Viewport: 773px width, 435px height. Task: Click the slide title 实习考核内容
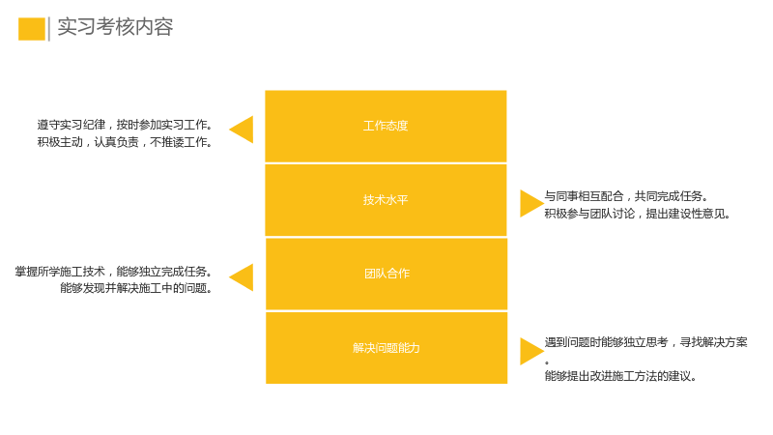(x=115, y=27)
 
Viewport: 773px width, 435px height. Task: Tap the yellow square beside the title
(x=32, y=29)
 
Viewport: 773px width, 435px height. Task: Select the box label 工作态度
(x=386, y=126)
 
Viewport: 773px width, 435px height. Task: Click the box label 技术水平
(x=386, y=200)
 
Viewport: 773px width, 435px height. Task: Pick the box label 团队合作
(x=387, y=274)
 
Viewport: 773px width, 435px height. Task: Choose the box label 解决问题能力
(x=386, y=348)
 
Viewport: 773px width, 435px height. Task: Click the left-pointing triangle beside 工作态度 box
(x=242, y=130)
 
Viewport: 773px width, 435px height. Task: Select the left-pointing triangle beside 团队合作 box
(x=242, y=277)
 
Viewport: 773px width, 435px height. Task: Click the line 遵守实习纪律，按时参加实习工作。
(x=125, y=125)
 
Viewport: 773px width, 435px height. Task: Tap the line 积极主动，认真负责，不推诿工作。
(x=125, y=142)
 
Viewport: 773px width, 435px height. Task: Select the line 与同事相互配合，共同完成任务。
(x=626, y=196)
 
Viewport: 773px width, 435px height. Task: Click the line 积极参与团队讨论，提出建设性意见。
(x=638, y=214)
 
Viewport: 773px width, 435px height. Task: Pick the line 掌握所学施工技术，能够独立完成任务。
(x=114, y=272)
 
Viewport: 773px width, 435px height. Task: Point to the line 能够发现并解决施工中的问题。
(x=136, y=288)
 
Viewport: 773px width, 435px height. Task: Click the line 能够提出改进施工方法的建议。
(x=620, y=376)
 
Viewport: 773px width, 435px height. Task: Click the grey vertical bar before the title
(x=49, y=29)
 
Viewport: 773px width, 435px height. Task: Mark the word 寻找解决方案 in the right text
(x=714, y=342)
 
